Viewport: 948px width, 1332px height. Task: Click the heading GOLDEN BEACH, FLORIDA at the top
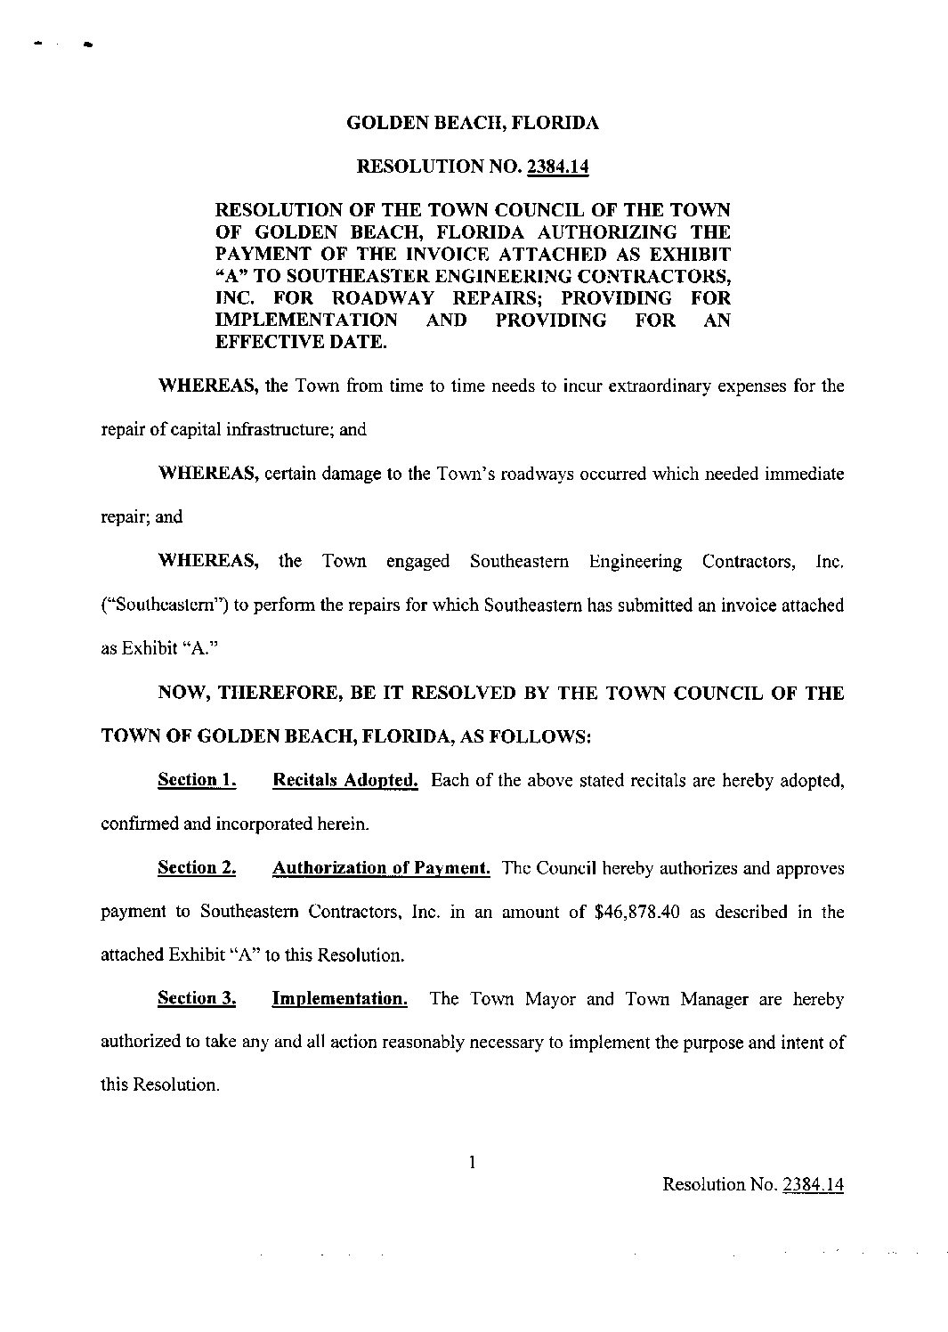[x=472, y=123]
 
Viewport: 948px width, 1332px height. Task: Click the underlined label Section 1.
[x=196, y=780]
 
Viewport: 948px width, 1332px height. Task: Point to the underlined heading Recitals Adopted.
[x=344, y=780]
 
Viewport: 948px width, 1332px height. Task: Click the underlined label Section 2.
[x=196, y=867]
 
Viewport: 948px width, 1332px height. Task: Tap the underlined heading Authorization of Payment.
[x=381, y=867]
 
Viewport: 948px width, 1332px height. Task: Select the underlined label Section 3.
[x=196, y=998]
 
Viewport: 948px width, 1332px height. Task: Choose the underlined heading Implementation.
[x=339, y=998]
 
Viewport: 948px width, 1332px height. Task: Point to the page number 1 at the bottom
[x=474, y=1161]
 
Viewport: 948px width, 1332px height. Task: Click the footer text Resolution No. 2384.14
[x=753, y=1184]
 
